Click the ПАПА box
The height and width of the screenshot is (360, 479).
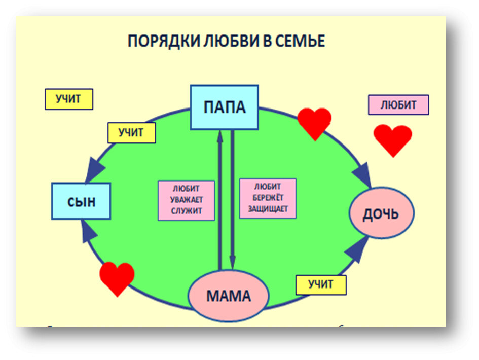coord(224,107)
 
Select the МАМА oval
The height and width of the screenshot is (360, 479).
coord(228,295)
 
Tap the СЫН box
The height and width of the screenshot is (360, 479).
coord(81,201)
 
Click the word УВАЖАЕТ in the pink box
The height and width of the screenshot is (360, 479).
coord(186,200)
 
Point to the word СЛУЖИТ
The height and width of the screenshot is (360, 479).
coord(186,211)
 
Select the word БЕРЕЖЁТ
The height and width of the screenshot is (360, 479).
coord(268,198)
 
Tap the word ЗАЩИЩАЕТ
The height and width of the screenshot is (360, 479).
coord(268,208)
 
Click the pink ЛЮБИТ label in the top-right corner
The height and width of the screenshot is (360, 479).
coord(398,105)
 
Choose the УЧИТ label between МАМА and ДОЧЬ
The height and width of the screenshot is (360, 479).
coord(320,284)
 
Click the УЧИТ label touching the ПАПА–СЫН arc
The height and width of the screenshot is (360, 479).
coord(131,133)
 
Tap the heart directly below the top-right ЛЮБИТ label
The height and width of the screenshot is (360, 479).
coord(393,139)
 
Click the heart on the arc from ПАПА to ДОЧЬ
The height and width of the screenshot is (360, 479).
coord(314,123)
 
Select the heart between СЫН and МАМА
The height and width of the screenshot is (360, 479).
coord(117,277)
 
